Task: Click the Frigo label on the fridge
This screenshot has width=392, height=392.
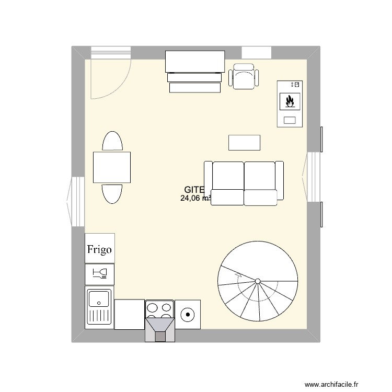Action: (x=99, y=249)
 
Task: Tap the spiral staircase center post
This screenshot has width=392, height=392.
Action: (x=258, y=282)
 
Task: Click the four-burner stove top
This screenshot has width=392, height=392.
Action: (x=159, y=309)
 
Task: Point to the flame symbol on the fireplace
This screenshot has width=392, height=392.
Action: (x=290, y=101)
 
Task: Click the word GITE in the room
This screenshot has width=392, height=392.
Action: (x=194, y=190)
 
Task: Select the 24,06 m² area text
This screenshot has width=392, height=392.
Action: (x=195, y=198)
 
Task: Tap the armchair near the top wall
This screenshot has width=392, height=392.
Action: (x=244, y=77)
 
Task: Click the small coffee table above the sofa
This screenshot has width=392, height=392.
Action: (x=244, y=142)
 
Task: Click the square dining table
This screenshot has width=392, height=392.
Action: (x=112, y=167)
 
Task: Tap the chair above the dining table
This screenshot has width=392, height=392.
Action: (x=112, y=142)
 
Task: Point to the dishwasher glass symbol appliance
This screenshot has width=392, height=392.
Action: (x=99, y=273)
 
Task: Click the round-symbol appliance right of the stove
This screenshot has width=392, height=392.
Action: (x=187, y=314)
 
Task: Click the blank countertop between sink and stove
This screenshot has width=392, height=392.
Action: (x=129, y=314)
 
